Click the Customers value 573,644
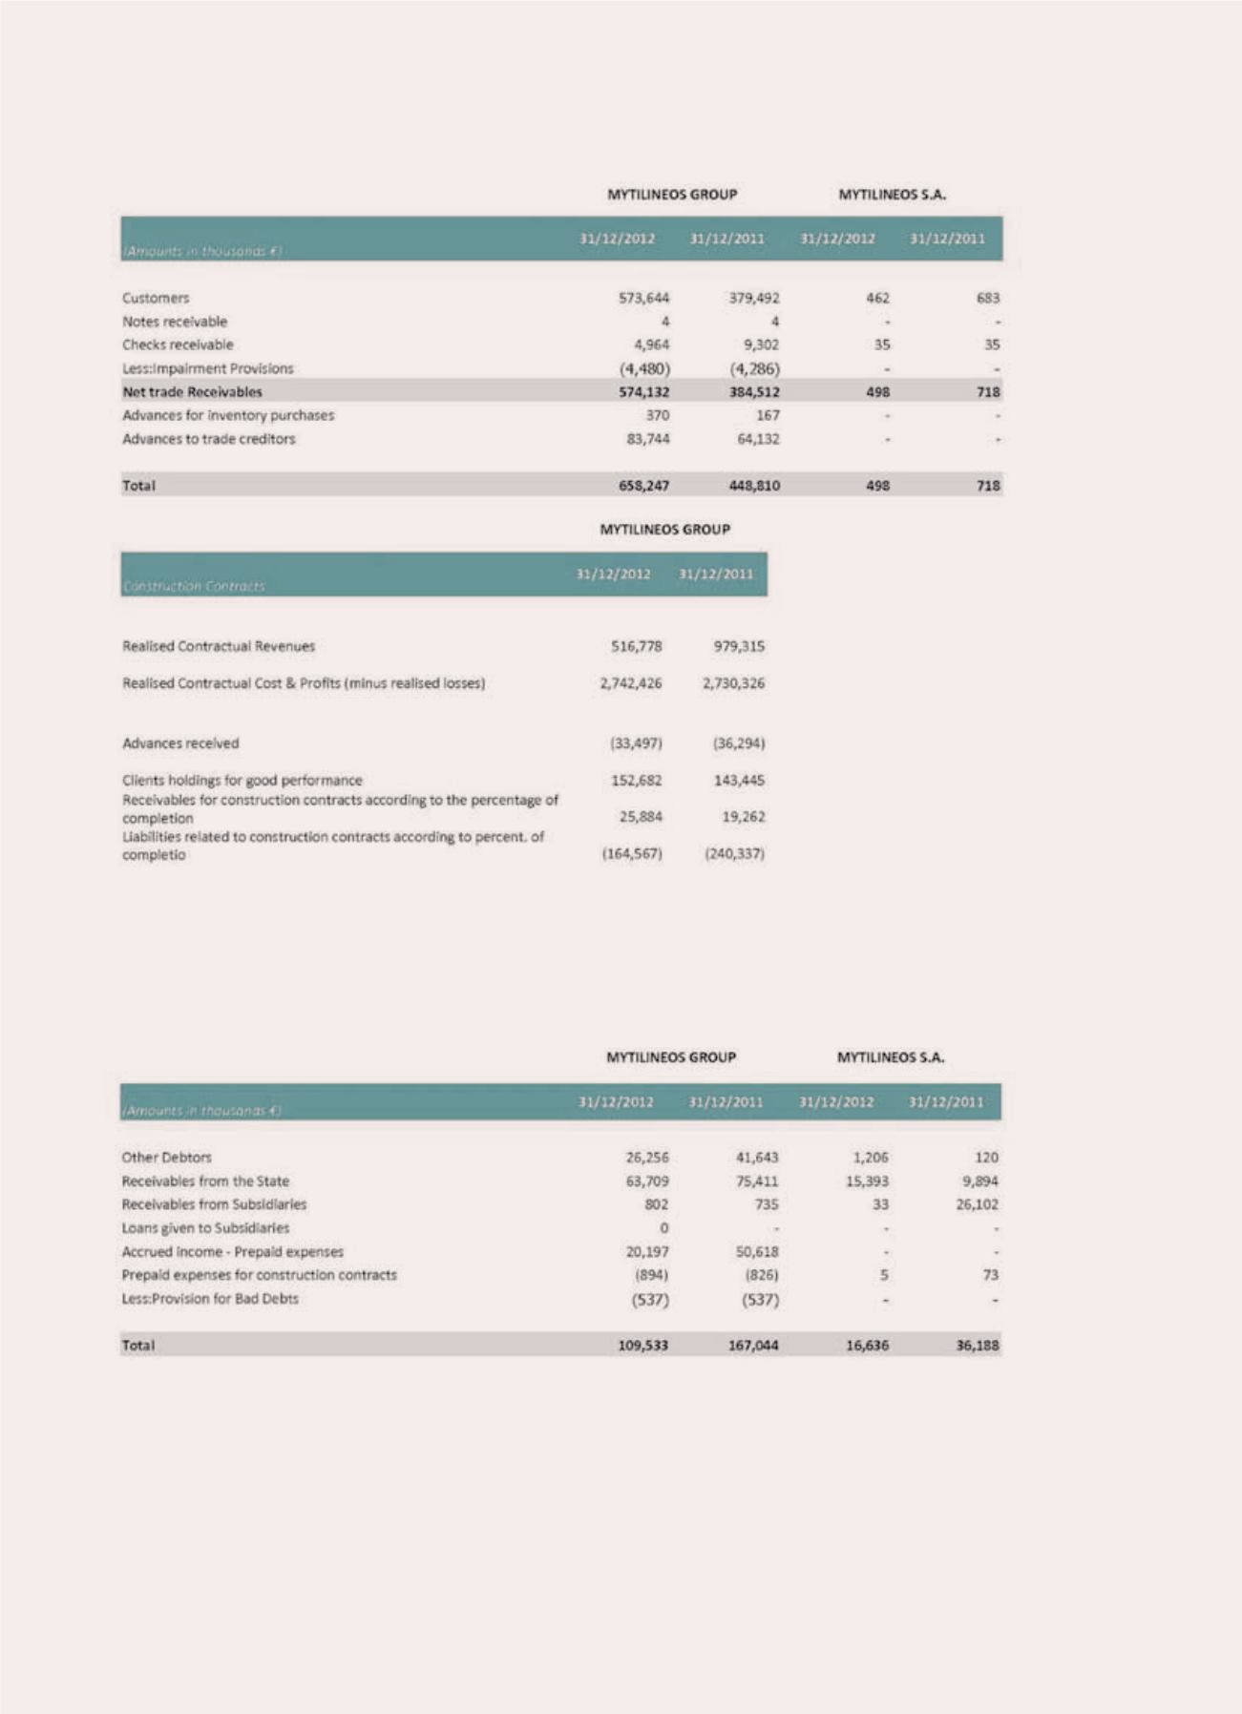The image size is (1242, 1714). (643, 298)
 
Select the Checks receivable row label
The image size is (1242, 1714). (178, 345)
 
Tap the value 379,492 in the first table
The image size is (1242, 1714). (754, 298)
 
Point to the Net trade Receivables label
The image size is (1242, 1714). (192, 391)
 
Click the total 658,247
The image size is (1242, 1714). (643, 485)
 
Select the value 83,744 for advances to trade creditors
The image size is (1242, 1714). (648, 438)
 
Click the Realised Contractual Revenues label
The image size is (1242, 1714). (219, 646)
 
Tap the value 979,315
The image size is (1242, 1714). (739, 646)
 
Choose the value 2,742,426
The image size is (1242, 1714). (630, 683)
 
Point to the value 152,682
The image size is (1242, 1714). (636, 780)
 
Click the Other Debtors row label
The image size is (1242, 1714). (167, 1157)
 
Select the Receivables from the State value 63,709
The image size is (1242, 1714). (646, 1181)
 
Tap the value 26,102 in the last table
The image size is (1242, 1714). (977, 1204)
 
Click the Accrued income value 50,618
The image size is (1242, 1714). (756, 1251)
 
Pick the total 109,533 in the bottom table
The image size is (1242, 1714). (642, 1345)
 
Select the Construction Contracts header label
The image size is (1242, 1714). (194, 585)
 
